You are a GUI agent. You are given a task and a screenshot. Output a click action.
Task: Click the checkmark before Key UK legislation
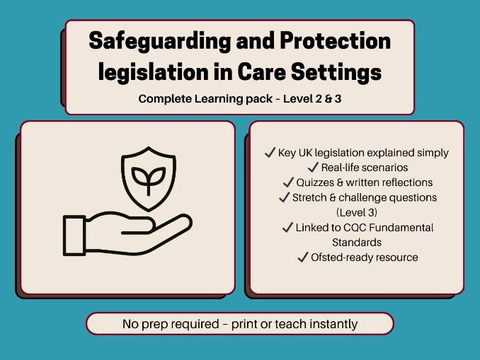(268, 153)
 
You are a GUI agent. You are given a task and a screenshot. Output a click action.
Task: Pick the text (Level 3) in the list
(357, 212)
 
